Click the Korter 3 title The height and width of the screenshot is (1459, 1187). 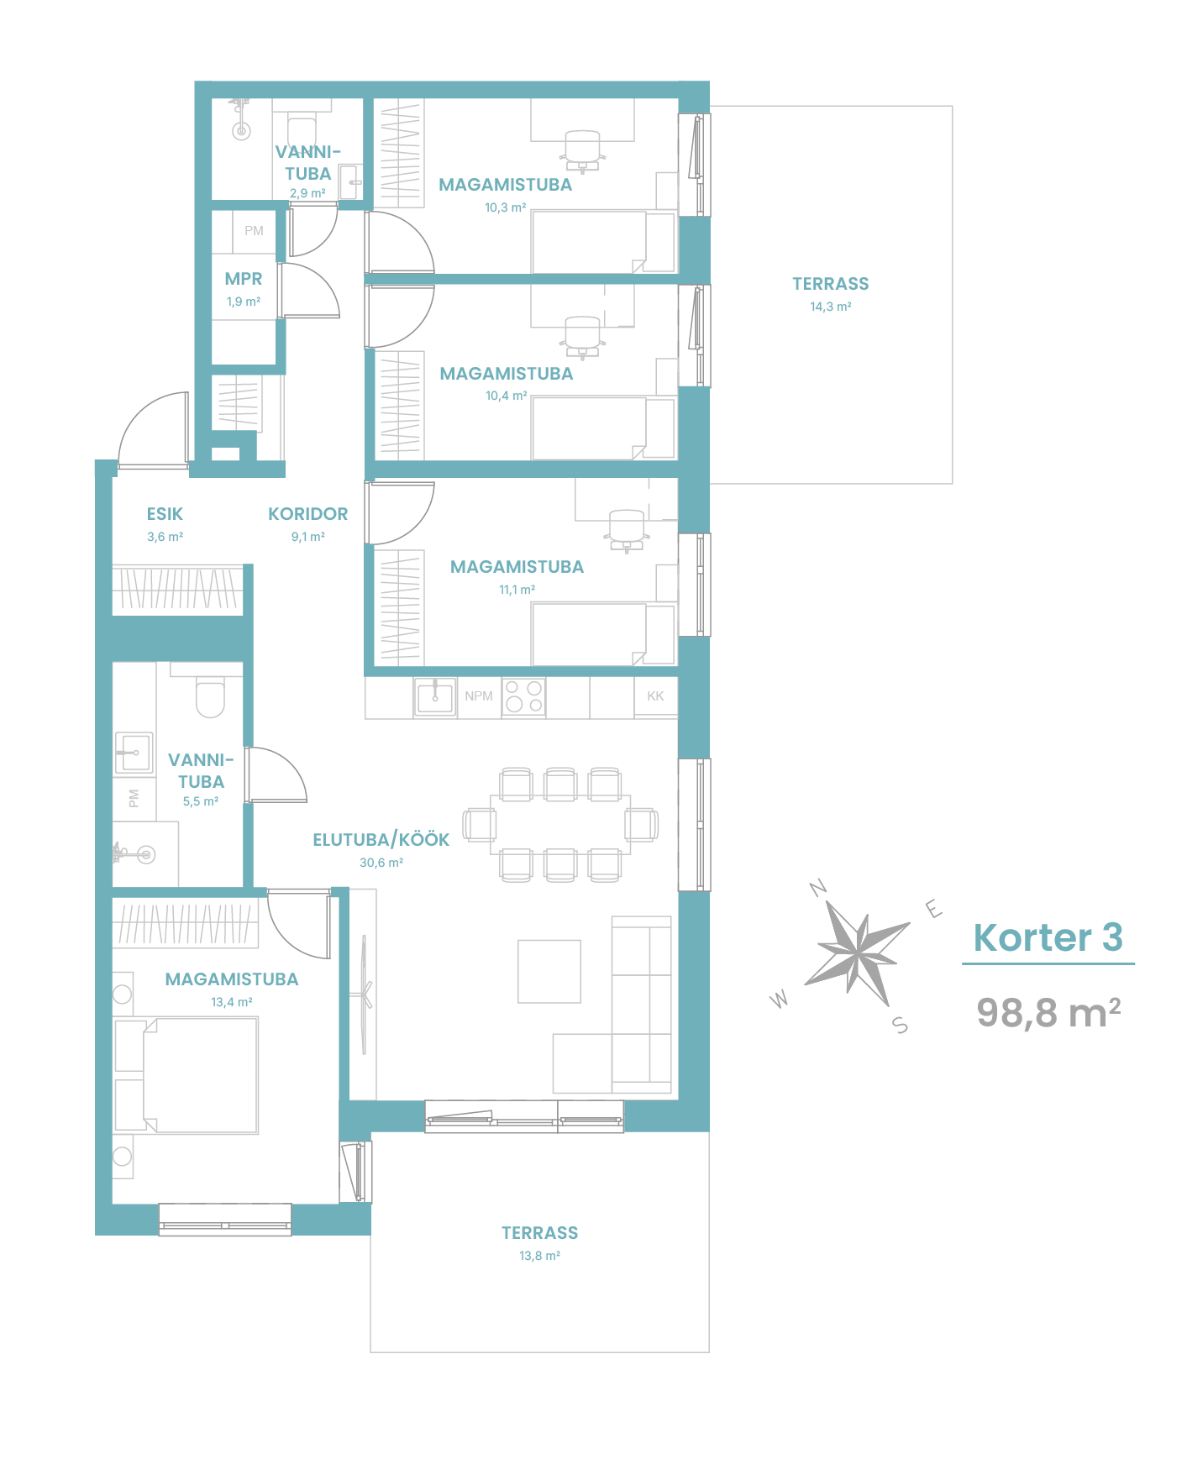pos(1048,937)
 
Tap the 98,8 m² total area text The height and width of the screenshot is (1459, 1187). pos(1048,1012)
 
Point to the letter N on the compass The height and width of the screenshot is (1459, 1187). pos(818,888)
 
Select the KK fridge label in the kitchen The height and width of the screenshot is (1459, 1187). pos(655,696)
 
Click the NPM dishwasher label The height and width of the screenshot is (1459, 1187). pos(479,696)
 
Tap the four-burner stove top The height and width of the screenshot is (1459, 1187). pos(524,697)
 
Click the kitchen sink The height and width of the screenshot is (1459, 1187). pos(435,697)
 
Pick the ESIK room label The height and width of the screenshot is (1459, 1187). pos(165,514)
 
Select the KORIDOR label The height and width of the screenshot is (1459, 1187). pos(307,514)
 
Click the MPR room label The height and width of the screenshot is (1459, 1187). pos(244,279)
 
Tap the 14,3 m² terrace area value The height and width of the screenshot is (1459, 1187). pos(831,307)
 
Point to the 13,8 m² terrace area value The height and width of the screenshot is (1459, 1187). pos(539,1256)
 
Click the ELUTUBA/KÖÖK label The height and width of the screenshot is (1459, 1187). pos(381,840)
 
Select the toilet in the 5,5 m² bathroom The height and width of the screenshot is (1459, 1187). pos(210,696)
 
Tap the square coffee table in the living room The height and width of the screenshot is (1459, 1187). pos(549,971)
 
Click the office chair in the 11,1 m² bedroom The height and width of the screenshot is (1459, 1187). pos(626,530)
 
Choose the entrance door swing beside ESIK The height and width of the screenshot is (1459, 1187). pos(152,429)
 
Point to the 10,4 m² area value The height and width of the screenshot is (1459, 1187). pos(507,396)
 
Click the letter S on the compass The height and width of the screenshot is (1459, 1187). pos(901,1025)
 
